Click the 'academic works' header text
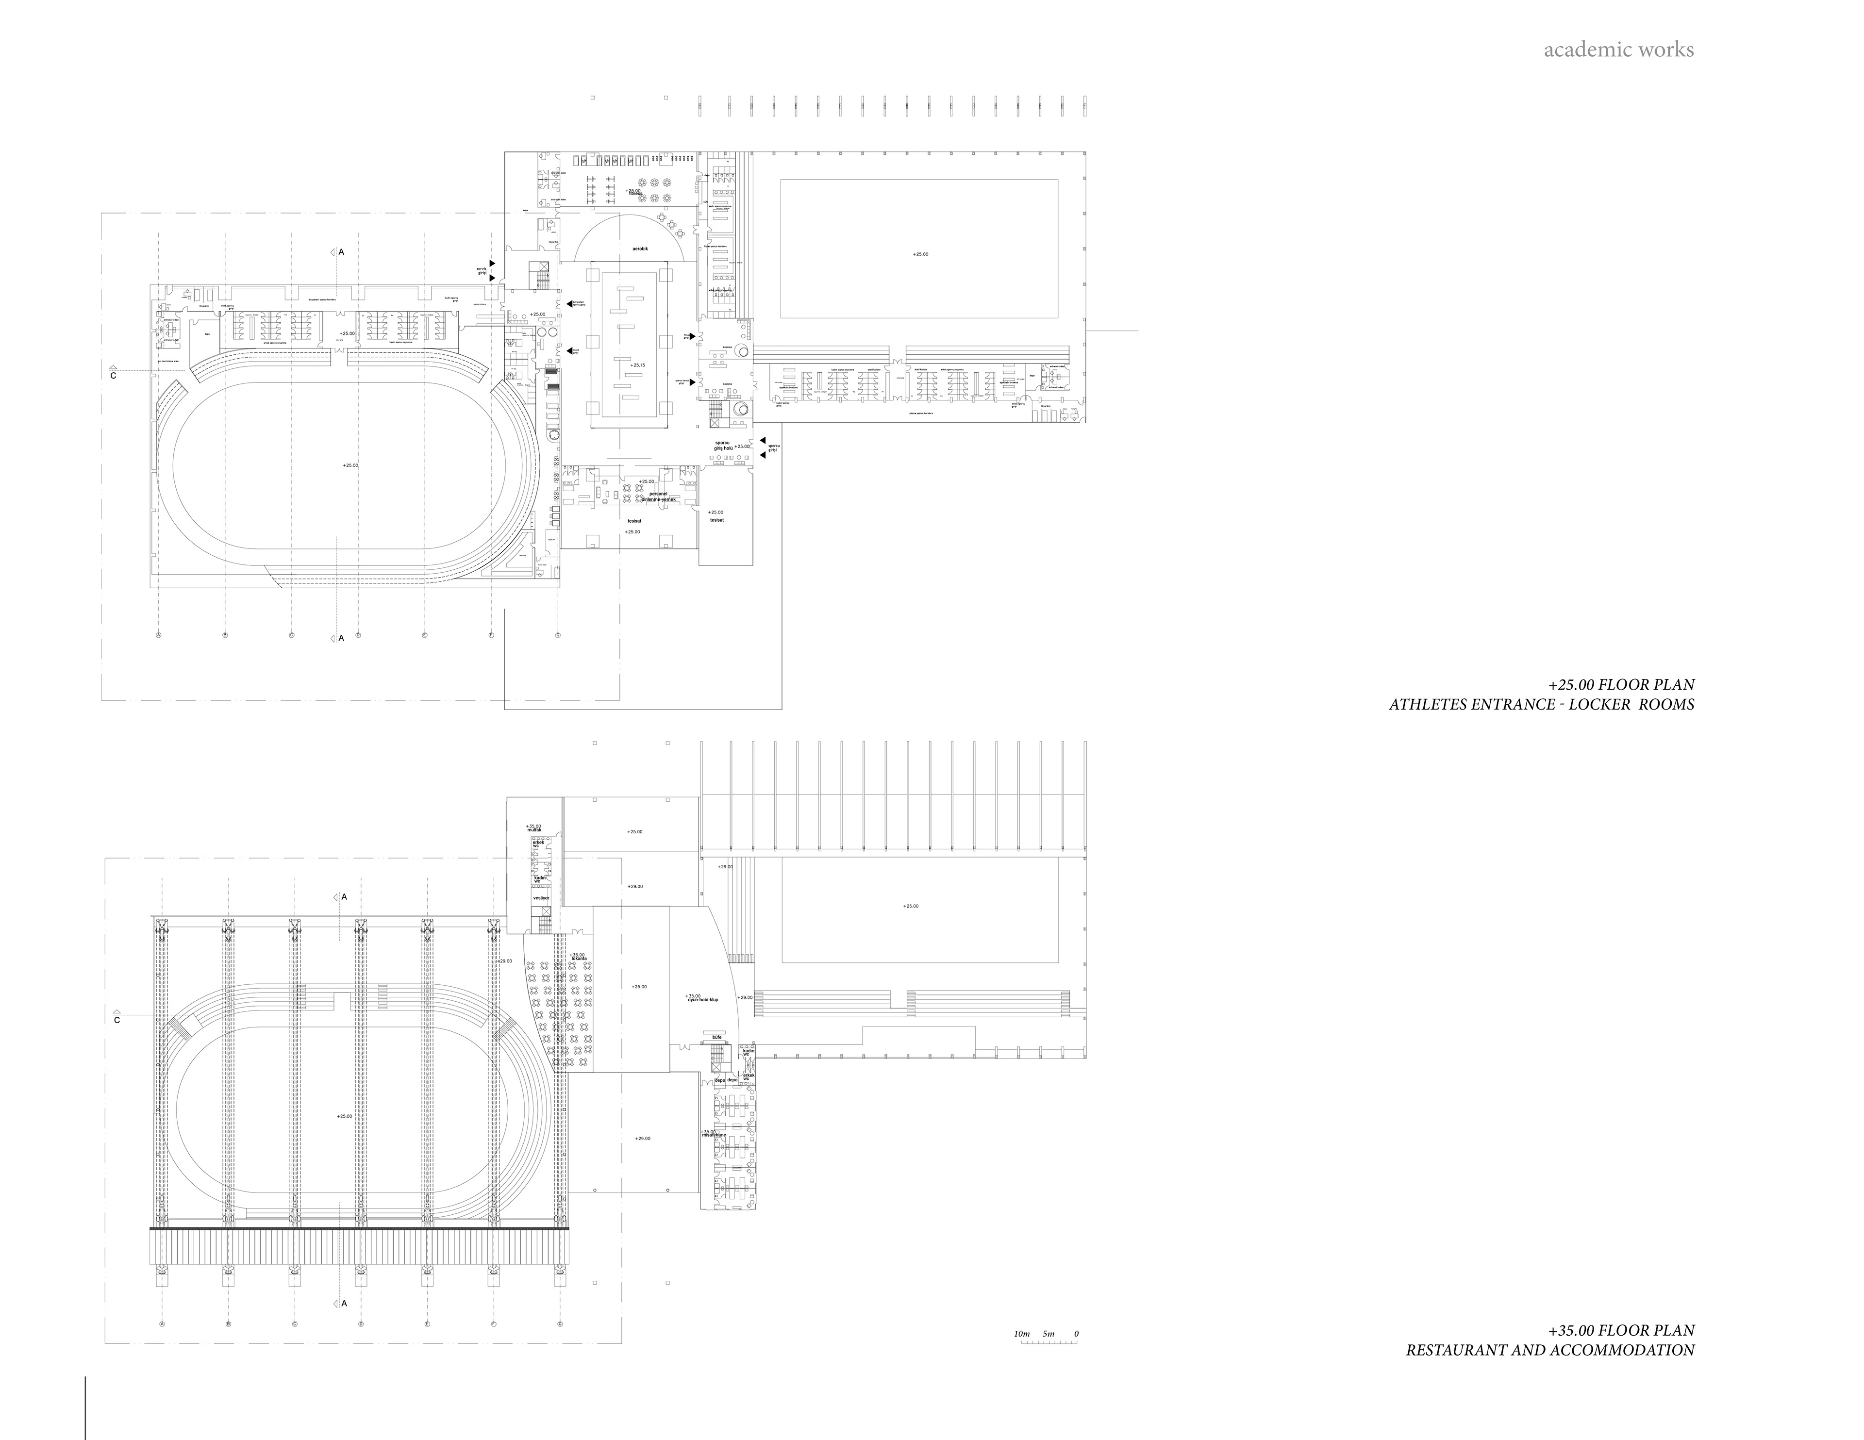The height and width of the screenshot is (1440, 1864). click(1618, 50)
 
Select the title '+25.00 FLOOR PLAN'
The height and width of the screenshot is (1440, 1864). click(1622, 685)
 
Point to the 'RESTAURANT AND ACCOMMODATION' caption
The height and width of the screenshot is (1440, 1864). click(1550, 1350)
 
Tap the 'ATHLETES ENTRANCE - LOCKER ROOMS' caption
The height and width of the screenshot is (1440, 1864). click(1541, 705)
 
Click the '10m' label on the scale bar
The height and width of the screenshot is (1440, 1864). click(1022, 1333)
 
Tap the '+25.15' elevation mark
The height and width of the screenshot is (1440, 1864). click(637, 365)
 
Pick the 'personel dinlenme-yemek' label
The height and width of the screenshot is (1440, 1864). click(658, 497)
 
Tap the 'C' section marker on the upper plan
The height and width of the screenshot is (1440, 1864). click(113, 376)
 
